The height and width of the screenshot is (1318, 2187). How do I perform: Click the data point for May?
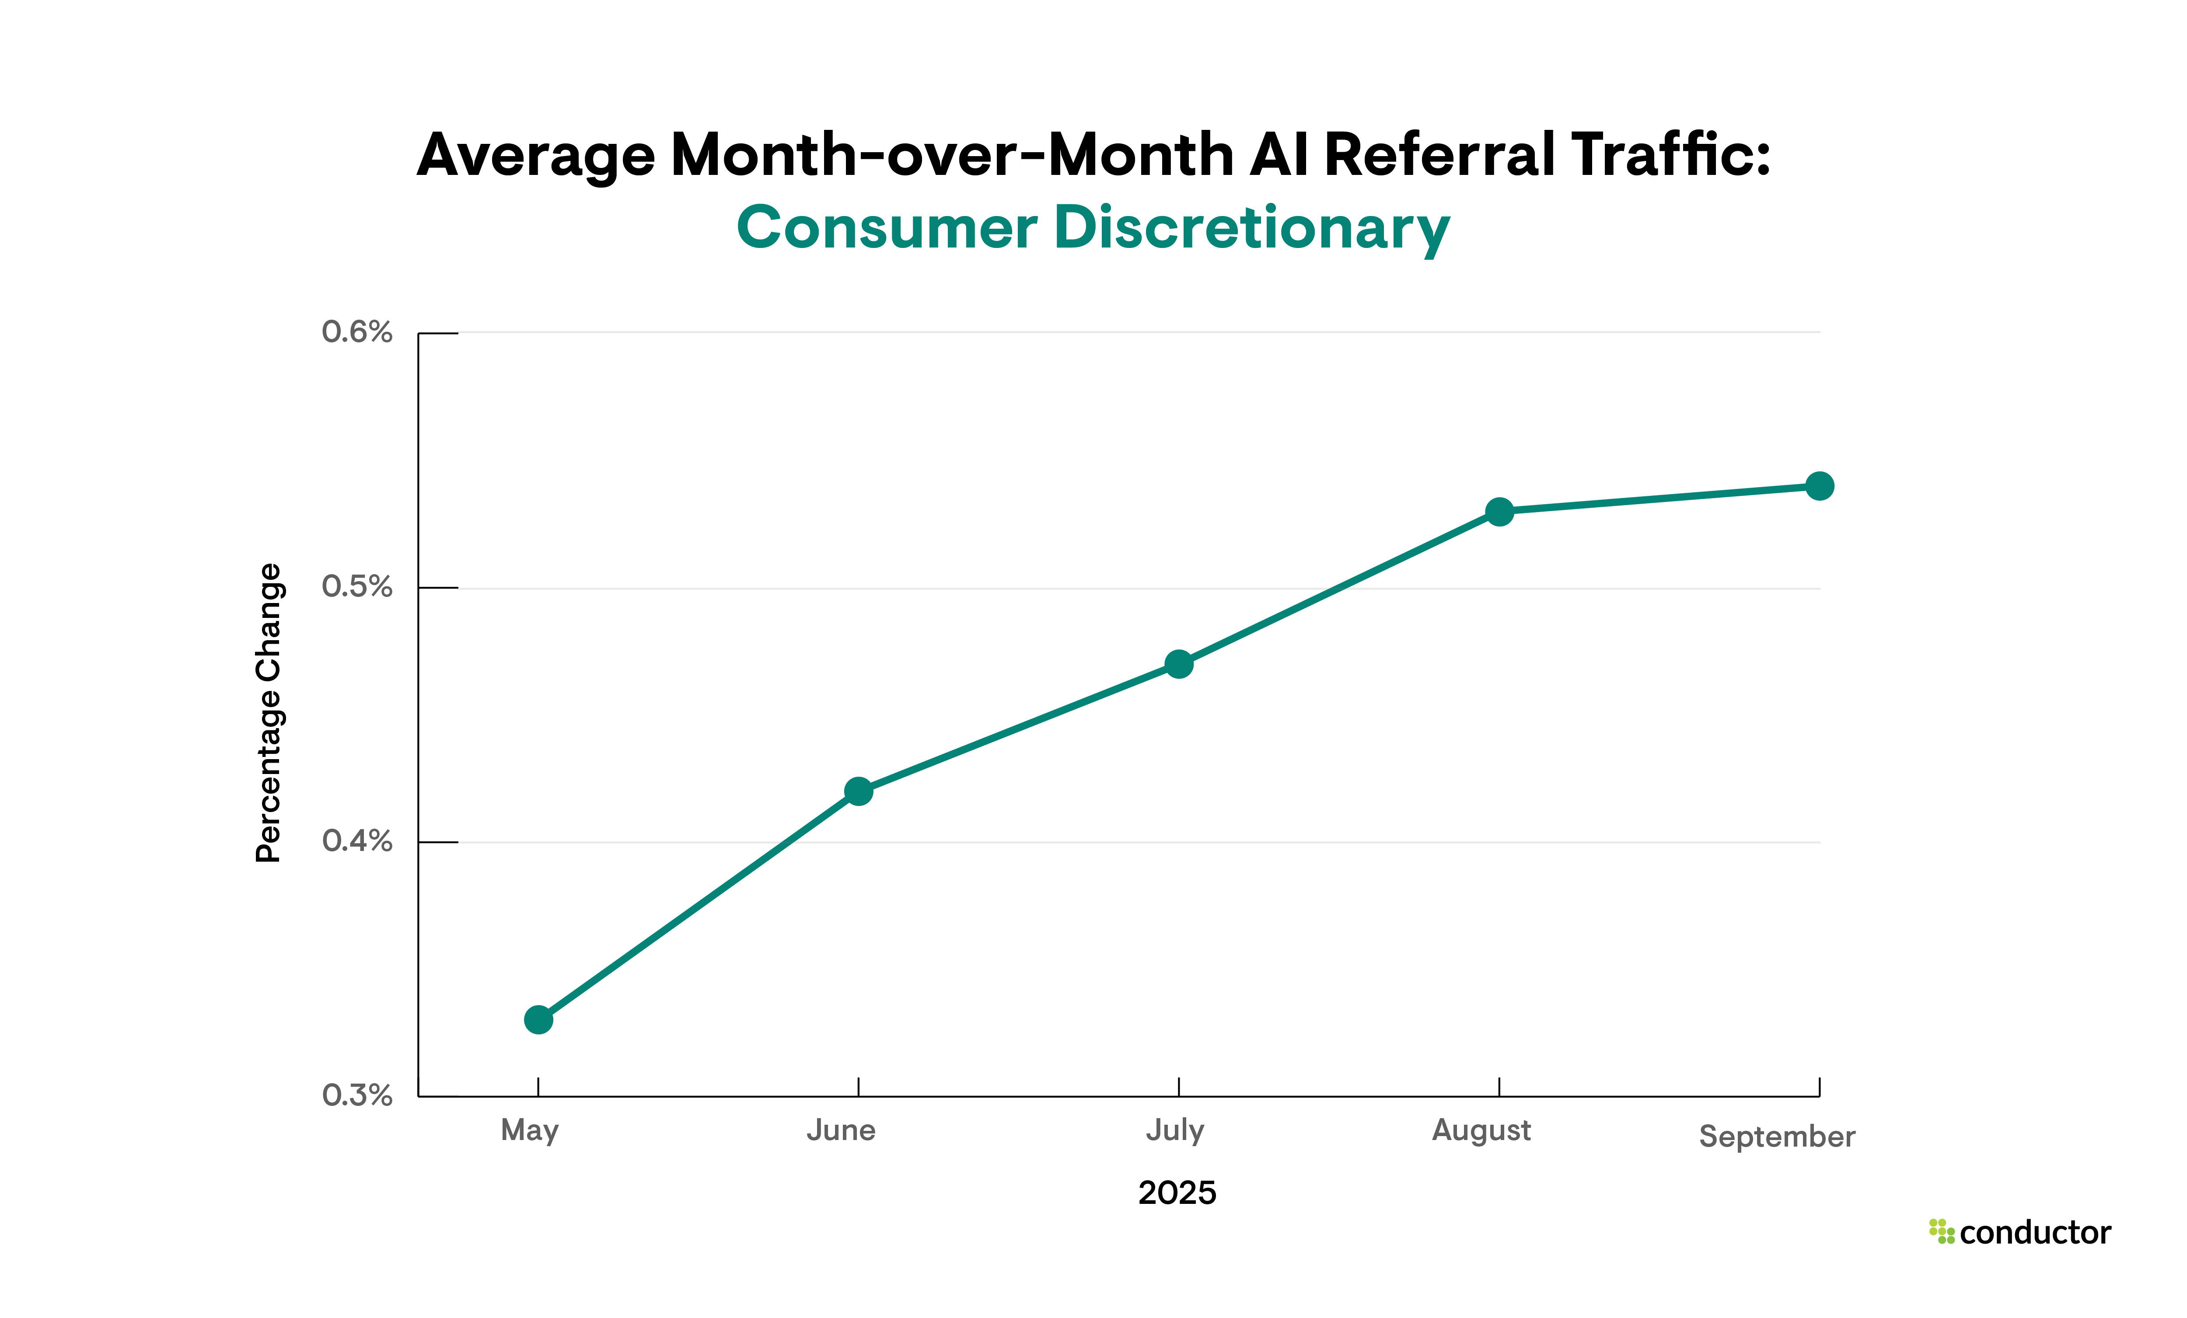pos(538,1020)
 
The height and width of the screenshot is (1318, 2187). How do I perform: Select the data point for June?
pos(858,791)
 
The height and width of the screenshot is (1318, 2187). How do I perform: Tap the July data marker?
pos(1179,664)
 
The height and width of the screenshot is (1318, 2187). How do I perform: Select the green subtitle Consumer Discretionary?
pos(1093,228)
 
